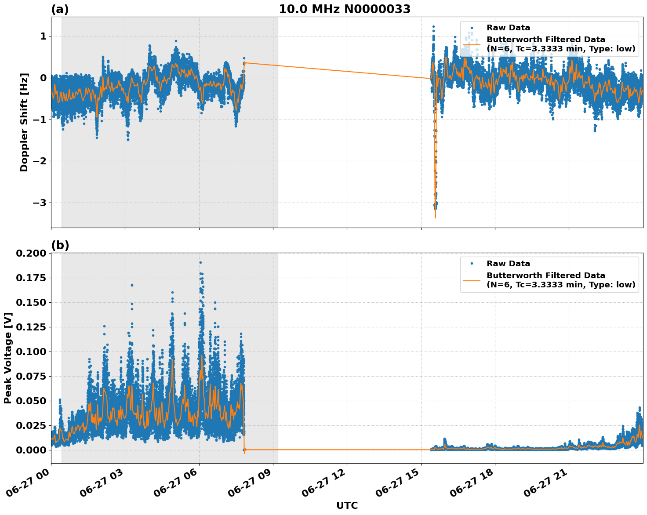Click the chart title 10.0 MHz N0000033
coord(345,9)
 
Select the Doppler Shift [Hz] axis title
coord(24,122)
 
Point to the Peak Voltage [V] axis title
coord(8,358)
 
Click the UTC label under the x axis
coord(347,505)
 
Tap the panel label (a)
coord(60,9)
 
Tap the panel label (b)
coord(60,245)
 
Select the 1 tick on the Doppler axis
coord(43,36)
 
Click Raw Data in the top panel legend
coord(508,28)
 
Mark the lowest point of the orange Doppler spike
coord(435,218)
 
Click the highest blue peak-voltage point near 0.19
coord(200,262)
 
